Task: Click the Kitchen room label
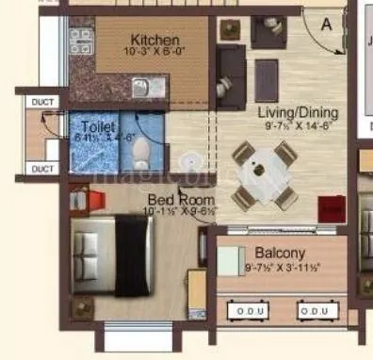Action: [154, 40]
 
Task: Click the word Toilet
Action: [98, 126]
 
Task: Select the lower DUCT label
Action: [42, 169]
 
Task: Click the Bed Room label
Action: [180, 200]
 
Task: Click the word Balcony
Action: [281, 254]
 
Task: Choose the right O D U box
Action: [315, 310]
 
